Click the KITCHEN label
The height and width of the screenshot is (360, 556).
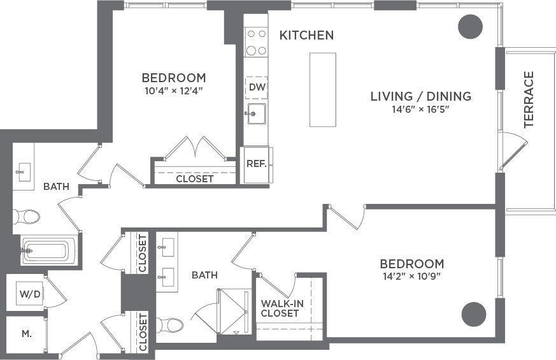306,35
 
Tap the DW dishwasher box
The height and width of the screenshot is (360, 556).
256,87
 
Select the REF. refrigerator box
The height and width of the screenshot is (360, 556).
256,164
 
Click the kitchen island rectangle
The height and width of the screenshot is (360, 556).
322,89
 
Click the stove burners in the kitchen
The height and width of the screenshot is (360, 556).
256,42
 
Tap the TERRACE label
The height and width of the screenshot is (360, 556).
529,99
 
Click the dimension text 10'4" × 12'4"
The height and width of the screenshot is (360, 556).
174,90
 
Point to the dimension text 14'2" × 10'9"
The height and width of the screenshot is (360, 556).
411,276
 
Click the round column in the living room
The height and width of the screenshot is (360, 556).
471,27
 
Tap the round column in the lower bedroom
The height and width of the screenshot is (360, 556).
474,313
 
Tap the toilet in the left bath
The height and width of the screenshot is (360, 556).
27,217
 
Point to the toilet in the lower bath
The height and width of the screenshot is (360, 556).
169,326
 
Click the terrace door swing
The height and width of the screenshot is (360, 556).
513,152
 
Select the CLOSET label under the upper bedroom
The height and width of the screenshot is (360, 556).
195,178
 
